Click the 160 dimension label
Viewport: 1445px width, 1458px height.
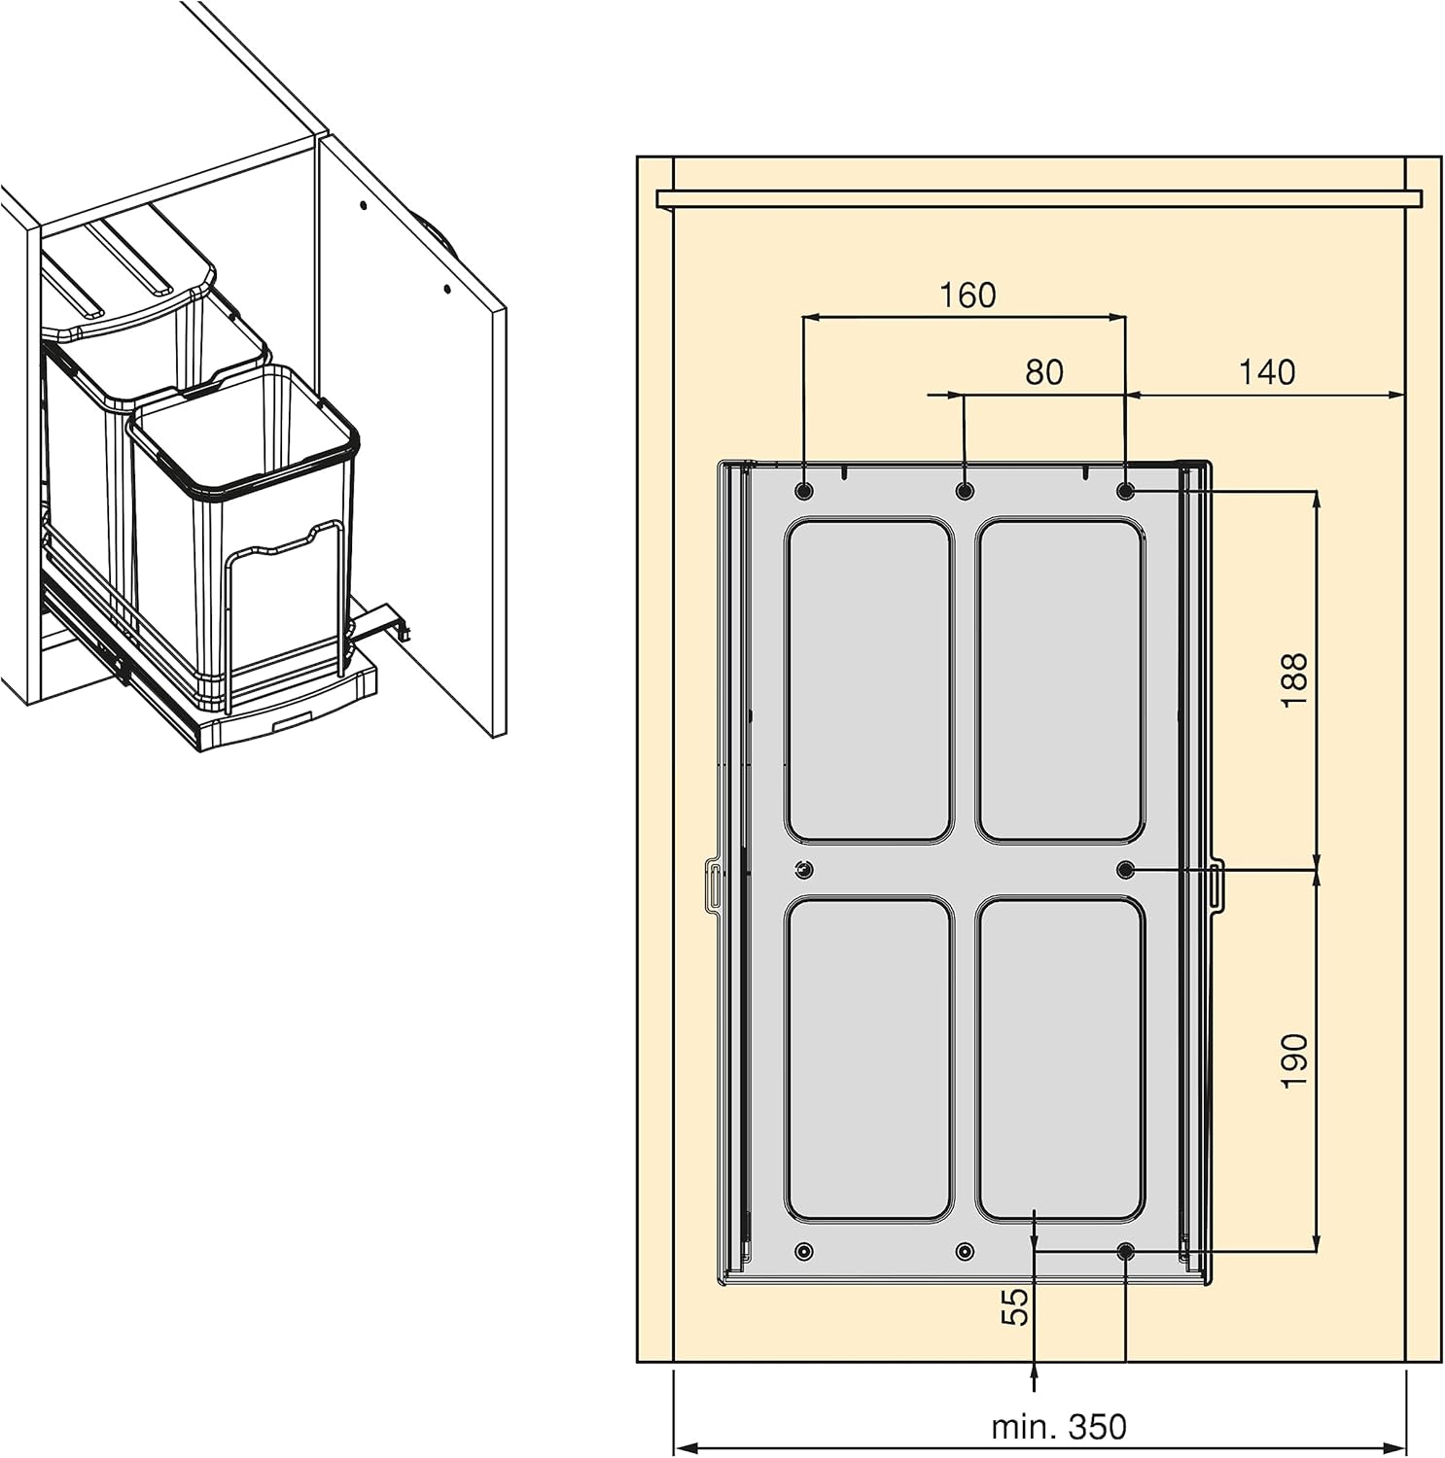(x=968, y=295)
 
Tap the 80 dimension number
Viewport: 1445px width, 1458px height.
(x=1044, y=372)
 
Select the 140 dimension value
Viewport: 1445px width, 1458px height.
(x=1267, y=372)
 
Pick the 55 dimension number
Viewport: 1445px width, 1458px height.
(x=1014, y=1306)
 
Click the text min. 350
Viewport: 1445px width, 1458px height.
(x=1058, y=1427)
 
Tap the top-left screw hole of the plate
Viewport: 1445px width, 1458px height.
(x=804, y=491)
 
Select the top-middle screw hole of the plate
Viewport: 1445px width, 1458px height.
(x=965, y=491)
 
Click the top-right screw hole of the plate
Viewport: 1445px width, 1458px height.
(x=1126, y=492)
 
